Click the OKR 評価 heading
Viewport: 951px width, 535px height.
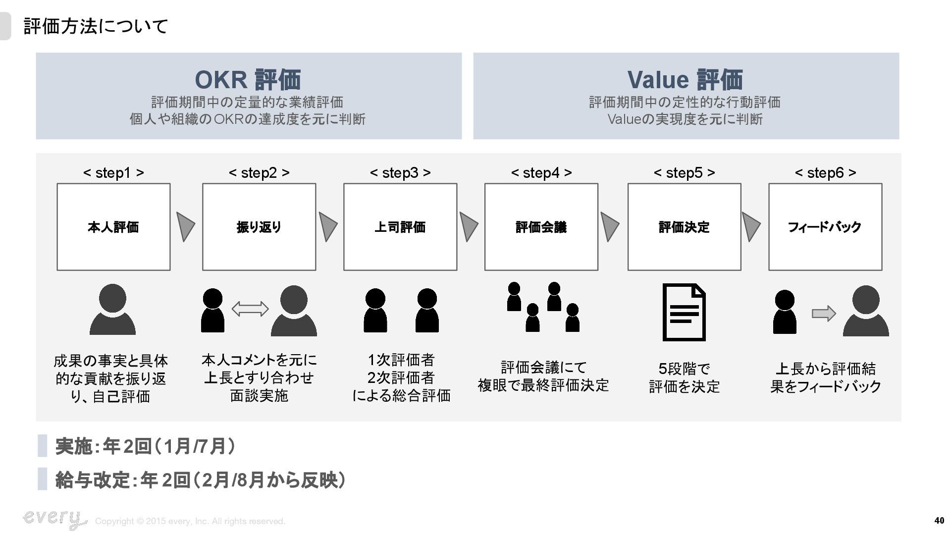248,79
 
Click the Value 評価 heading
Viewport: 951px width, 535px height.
685,79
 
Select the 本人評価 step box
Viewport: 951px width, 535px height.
113,227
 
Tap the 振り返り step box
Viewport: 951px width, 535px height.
259,227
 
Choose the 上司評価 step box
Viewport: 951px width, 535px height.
400,227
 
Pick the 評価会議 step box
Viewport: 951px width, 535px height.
541,227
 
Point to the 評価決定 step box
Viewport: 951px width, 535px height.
684,227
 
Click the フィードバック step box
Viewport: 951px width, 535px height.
825,227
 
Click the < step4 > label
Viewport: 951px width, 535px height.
541,173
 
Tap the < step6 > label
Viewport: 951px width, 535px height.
825,173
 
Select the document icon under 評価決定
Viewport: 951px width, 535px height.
684,312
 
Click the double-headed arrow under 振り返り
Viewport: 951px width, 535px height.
250,309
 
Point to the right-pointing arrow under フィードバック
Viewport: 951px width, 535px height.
824,314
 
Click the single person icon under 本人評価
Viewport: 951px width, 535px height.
112,310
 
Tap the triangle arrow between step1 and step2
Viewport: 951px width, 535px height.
185,227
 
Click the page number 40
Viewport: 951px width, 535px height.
939,521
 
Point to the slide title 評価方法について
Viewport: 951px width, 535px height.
96,26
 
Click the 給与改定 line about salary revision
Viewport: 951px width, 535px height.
200,480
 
